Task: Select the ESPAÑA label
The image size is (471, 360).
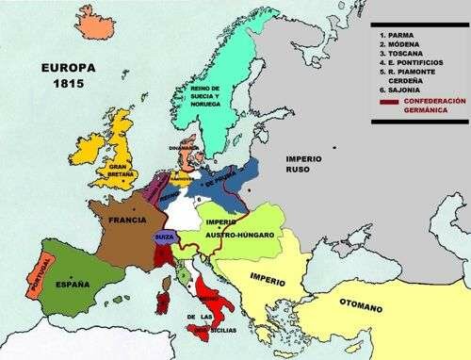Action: pyautogui.click(x=72, y=284)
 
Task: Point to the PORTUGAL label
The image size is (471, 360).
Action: pyautogui.click(x=41, y=273)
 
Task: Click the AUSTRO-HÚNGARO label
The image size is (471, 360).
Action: pyautogui.click(x=235, y=233)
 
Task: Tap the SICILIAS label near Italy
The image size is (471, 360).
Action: pyautogui.click(x=227, y=332)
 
